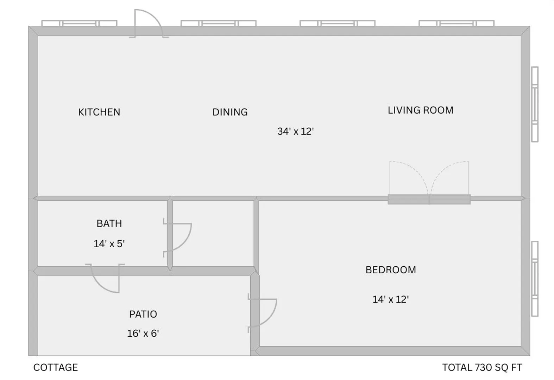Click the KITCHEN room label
pos(99,112)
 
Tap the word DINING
pos(230,112)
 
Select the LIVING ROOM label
pos(421,110)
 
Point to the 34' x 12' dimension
pos(296,131)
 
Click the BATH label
pos(109,223)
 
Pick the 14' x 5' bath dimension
pos(109,244)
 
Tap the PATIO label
pos(143,314)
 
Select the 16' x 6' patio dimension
pos(143,334)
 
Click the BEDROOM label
pos(391,270)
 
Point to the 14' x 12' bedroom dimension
pos(391,299)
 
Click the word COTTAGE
pos(56,367)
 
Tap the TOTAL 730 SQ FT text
pos(482,367)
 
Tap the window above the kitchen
pos(79,23)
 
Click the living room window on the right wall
pos(535,104)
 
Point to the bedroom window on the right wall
pos(535,279)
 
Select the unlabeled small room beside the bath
pos(213,233)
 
